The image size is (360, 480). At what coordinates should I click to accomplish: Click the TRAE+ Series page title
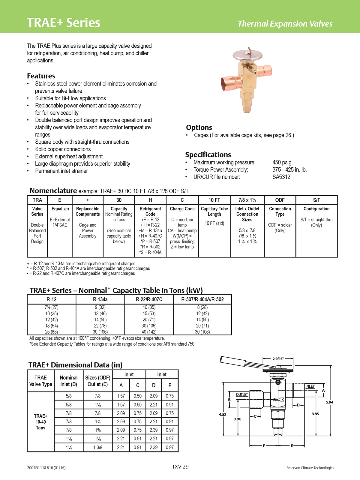tap(63, 23)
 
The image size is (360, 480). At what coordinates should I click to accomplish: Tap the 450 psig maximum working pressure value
tap(282, 162)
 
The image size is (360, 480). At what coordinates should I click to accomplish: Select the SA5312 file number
tap(281, 177)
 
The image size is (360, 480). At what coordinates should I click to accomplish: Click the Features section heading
tap(41, 76)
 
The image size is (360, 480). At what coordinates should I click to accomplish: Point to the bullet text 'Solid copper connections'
tap(63, 149)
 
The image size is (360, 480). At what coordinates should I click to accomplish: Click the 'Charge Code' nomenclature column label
tap(182, 209)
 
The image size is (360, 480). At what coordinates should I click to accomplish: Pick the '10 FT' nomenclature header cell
tap(214, 200)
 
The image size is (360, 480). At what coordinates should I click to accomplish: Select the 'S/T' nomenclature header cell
tap(316, 200)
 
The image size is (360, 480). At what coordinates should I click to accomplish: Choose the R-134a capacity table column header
tap(100, 299)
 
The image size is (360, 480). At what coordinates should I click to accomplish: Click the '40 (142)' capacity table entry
tap(149, 332)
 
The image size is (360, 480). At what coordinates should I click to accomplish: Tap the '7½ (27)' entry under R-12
tap(51, 307)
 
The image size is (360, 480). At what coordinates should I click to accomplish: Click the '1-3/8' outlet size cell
tap(97, 447)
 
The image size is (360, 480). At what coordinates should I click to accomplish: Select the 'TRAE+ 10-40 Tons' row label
tap(40, 422)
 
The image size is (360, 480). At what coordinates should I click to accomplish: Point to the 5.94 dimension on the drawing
tap(329, 402)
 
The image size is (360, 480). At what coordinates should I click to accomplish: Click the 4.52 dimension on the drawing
tap(223, 414)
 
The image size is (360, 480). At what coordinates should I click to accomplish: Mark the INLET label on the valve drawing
tap(310, 386)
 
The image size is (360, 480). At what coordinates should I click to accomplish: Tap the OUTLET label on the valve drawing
tap(242, 394)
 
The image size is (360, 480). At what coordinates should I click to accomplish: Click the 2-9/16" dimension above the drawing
tap(278, 358)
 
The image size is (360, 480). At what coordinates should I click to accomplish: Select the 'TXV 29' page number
tap(180, 467)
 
